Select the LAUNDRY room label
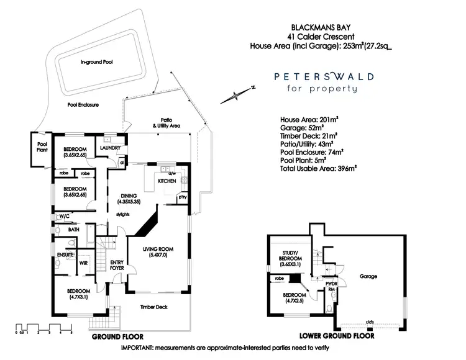(109, 148)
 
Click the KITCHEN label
(167, 181)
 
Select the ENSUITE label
(65, 254)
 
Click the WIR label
(84, 263)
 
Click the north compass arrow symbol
(236, 94)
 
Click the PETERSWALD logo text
(324, 77)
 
